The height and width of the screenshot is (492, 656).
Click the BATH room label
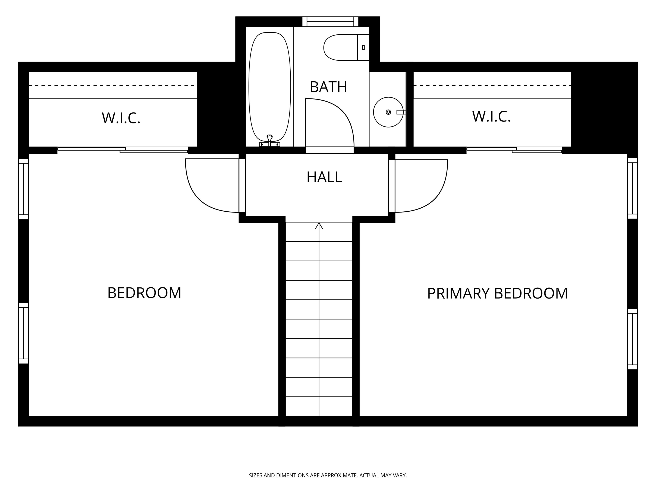328,87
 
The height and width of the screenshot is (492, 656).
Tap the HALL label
324,177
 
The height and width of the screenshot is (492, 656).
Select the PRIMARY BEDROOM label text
497,293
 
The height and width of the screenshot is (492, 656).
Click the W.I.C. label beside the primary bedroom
491,116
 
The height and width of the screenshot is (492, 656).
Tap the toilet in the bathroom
341,47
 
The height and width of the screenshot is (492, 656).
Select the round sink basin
388,112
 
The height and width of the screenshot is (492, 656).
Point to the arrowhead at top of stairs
319,226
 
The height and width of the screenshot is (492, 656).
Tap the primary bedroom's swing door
427,190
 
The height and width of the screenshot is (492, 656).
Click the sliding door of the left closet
123,150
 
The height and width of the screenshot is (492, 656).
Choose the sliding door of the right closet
514,150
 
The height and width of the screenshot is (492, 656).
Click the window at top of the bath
330,22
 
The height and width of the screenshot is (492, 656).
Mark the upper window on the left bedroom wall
24,189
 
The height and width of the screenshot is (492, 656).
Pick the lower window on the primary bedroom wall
633,339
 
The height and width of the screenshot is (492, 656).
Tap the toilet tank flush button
363,47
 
